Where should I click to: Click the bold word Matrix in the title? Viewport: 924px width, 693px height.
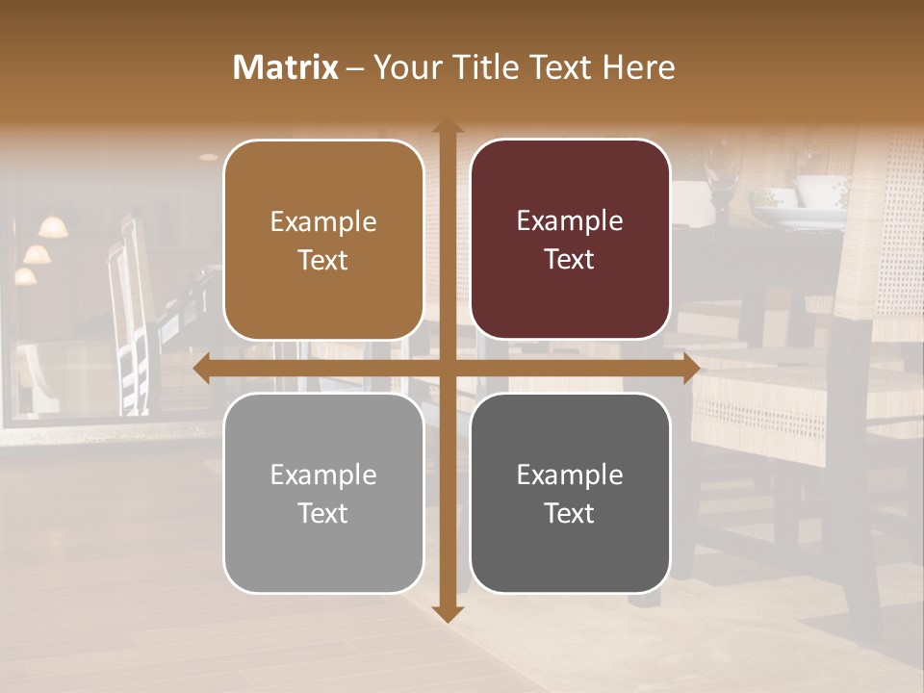[x=286, y=67]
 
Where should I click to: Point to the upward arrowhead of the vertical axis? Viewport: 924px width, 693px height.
[x=447, y=126]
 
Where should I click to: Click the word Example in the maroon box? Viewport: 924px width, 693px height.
[x=570, y=221]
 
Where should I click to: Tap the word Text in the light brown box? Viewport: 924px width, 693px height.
[x=323, y=261]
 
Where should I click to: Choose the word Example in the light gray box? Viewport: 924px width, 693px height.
[x=323, y=475]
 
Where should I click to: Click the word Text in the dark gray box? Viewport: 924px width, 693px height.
[x=570, y=514]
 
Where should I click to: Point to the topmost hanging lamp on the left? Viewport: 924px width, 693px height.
[x=53, y=227]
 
